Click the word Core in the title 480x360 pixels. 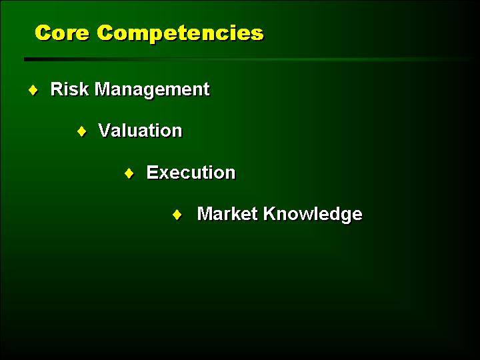(62, 33)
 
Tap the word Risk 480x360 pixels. (69, 89)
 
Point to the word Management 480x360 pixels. (152, 91)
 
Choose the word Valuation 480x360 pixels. (140, 131)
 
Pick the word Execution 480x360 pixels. (191, 173)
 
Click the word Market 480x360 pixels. (227, 213)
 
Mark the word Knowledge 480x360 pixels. (313, 215)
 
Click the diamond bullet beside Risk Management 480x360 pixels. (33, 90)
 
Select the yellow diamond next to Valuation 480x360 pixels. (82, 131)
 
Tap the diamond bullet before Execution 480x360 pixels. (129, 173)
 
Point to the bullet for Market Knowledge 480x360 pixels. (177, 215)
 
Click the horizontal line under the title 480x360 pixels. (249, 59)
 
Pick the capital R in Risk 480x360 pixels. (57, 89)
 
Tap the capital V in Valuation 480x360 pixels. (105, 131)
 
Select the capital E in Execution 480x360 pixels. (153, 173)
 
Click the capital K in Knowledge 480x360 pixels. (270, 213)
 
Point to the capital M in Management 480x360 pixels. (103, 89)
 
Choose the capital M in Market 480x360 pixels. (205, 213)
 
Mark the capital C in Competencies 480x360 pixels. (105, 33)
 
